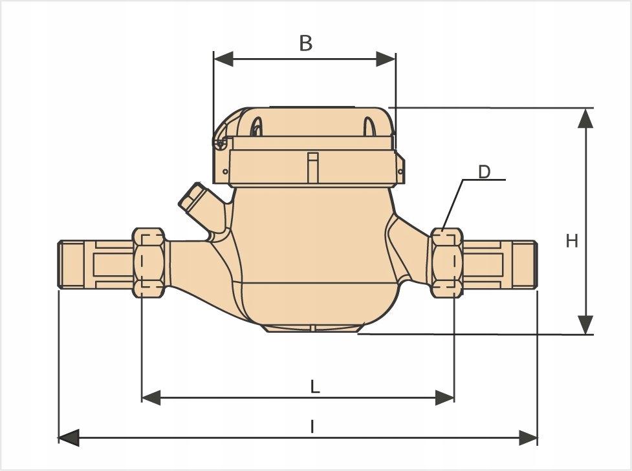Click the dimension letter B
point(305,43)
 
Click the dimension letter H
point(572,241)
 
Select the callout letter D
point(485,172)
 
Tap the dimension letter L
point(314,387)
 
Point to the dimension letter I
point(312,426)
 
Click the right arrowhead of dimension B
point(386,59)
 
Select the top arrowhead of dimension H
point(585,117)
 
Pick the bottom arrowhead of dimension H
point(585,325)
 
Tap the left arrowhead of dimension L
point(151,397)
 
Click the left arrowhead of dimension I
point(68,437)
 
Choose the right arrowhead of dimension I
point(528,437)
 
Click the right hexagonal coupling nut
point(445,262)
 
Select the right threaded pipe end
point(518,264)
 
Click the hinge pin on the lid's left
point(221,143)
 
